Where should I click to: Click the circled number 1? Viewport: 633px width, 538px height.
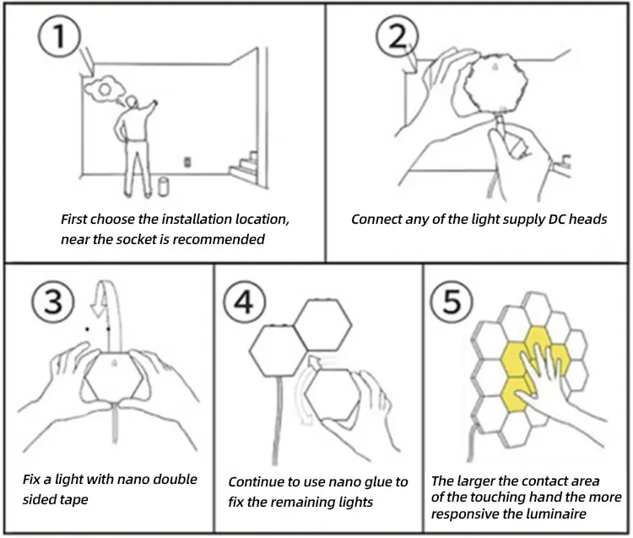click(x=57, y=38)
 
